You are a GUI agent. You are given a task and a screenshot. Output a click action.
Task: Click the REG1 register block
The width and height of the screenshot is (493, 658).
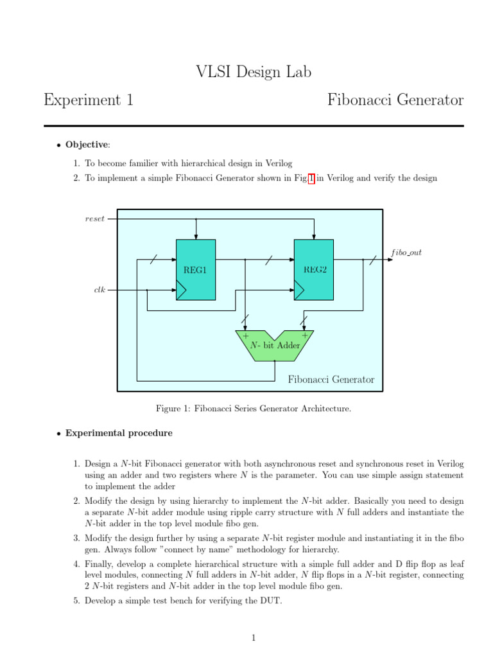point(196,270)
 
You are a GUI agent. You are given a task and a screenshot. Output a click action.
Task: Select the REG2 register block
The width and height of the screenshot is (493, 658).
point(314,270)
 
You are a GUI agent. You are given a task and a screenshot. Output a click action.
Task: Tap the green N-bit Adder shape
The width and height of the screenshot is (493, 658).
point(275,346)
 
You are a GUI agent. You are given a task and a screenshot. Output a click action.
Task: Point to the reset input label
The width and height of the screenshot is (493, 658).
point(95,218)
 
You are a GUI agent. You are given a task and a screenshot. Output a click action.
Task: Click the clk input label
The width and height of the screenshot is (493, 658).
point(99,290)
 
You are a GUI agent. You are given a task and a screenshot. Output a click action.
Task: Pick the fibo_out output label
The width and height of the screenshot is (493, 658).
point(406,253)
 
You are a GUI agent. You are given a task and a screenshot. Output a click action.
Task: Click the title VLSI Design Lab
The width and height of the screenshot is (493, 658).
point(254,73)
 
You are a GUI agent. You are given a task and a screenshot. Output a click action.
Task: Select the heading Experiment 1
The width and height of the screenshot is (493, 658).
point(88,100)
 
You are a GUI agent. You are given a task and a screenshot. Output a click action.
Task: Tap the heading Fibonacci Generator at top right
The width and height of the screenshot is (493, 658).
point(395,100)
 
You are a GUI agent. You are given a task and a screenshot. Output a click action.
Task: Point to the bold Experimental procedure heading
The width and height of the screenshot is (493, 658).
point(119,433)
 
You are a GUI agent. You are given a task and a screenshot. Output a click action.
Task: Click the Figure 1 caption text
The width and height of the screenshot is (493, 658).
point(254,408)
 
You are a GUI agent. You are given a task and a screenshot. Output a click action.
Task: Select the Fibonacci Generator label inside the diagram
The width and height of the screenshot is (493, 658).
point(331,379)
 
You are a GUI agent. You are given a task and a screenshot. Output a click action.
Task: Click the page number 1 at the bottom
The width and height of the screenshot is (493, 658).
point(254,638)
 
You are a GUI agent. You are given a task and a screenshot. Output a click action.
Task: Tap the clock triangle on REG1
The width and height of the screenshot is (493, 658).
point(181,292)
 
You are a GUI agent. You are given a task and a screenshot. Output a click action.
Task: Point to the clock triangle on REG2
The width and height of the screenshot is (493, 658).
point(299,292)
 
